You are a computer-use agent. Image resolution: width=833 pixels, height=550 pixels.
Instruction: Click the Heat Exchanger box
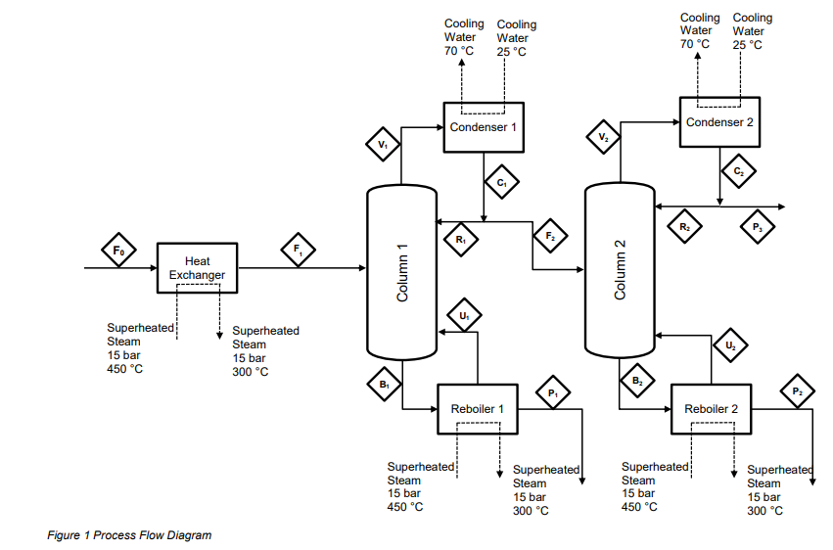tap(197, 267)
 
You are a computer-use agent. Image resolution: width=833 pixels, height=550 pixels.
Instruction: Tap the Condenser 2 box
tap(719, 121)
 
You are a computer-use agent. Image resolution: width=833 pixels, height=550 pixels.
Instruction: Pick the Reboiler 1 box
tap(477, 408)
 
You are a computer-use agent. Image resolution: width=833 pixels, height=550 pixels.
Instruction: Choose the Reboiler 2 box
tap(711, 408)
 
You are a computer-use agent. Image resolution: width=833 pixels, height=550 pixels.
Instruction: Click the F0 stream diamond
tap(118, 252)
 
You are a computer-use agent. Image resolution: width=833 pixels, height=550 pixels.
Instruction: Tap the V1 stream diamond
tap(383, 145)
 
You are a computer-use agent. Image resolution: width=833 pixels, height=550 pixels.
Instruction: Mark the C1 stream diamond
tap(501, 182)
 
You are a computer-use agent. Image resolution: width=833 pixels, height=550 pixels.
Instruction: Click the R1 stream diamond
tap(460, 238)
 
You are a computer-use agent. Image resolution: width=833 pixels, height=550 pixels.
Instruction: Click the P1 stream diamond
tap(552, 393)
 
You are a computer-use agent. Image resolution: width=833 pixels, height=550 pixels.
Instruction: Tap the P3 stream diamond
tap(757, 227)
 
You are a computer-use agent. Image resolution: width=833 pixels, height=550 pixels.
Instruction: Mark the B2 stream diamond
tap(637, 380)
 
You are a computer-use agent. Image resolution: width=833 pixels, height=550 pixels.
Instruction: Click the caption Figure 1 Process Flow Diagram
tap(129, 535)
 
